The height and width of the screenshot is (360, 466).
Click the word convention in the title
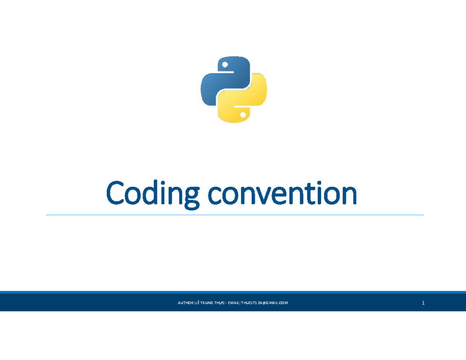(x=282, y=195)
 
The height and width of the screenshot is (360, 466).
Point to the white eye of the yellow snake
(x=243, y=115)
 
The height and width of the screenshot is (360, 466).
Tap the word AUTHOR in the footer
(x=186, y=303)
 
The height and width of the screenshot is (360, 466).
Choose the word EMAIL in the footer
(x=234, y=303)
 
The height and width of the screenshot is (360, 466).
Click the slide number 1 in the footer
(x=423, y=303)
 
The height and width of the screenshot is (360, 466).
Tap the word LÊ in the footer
(x=198, y=303)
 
